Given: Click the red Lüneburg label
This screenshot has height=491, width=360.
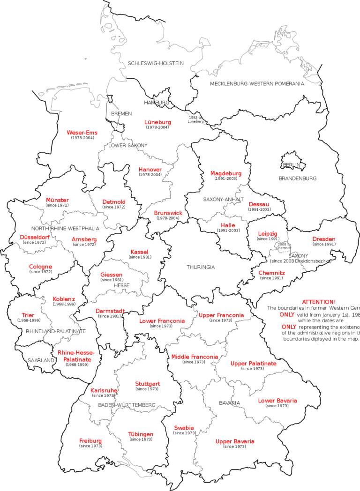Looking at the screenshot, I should (x=157, y=122).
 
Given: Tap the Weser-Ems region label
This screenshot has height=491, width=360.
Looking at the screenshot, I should (x=82, y=133).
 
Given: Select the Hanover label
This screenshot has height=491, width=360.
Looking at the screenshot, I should (x=150, y=170).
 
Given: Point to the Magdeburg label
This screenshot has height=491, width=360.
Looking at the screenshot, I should (x=226, y=173).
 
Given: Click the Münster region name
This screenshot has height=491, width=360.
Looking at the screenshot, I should (x=58, y=200).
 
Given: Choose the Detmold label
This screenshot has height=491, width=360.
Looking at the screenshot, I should (x=114, y=202).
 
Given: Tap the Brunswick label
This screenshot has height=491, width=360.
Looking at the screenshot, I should (x=168, y=213).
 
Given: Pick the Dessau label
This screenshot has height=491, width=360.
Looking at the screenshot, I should (x=259, y=204).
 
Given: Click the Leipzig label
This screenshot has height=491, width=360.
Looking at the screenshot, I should (x=268, y=234).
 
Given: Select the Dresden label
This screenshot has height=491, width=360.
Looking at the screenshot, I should (x=324, y=239).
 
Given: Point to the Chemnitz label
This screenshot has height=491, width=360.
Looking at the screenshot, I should (x=272, y=273).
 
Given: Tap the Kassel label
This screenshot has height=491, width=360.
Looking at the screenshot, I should (x=139, y=252).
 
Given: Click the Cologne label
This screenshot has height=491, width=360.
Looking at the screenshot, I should (x=40, y=267).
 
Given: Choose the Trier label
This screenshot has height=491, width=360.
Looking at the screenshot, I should (x=28, y=315).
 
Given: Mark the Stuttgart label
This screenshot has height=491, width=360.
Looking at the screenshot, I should (x=148, y=384).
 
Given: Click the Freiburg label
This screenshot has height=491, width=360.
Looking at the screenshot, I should (x=90, y=441).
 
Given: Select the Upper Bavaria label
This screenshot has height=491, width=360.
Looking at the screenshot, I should (x=235, y=441).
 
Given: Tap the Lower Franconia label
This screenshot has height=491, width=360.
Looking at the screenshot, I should (x=162, y=321).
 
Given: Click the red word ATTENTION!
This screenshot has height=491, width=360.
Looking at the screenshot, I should (x=319, y=302).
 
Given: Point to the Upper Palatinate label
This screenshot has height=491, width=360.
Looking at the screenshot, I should (x=253, y=364).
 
